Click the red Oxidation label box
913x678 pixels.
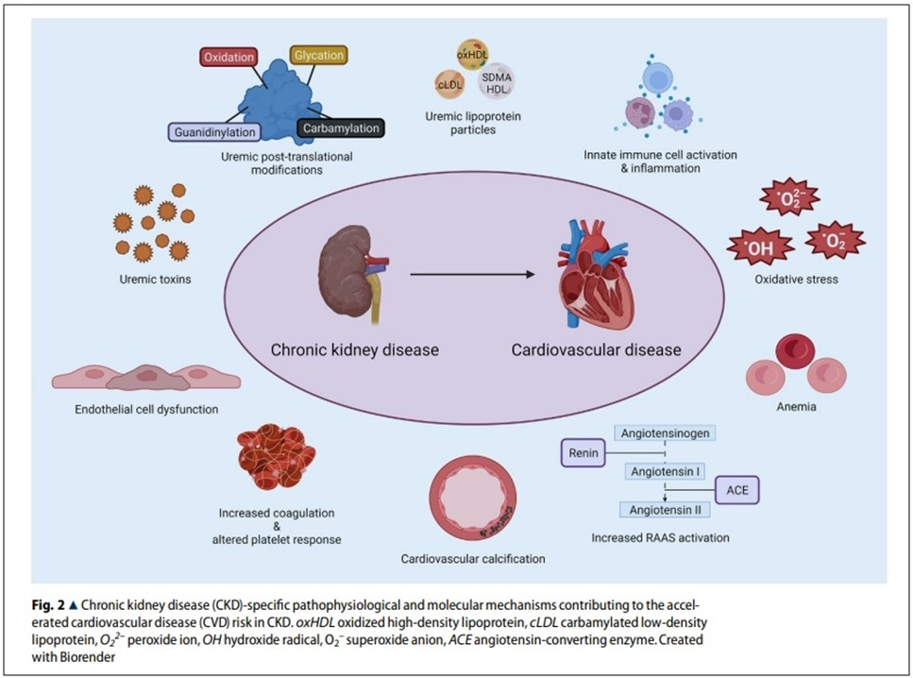229,58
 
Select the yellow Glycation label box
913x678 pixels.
317,56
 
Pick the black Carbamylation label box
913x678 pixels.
339,127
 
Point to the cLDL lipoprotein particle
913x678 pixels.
448,84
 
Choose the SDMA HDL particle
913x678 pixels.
496,84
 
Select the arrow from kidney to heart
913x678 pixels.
468,275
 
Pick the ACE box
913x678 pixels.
735,491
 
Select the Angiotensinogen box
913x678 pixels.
665,432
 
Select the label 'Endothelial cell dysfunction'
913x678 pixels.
146,410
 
